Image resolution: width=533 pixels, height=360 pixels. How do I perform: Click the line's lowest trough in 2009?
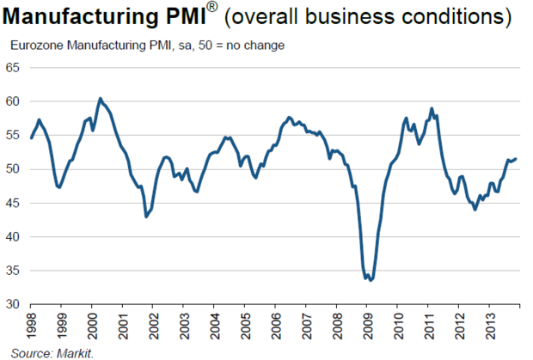click(370, 280)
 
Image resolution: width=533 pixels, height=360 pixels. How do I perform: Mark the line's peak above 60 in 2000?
click(100, 98)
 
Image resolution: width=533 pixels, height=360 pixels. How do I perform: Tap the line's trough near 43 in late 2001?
click(145, 217)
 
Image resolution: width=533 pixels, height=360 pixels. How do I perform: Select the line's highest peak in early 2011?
click(432, 108)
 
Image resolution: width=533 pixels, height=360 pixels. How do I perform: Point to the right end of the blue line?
click(515, 158)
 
